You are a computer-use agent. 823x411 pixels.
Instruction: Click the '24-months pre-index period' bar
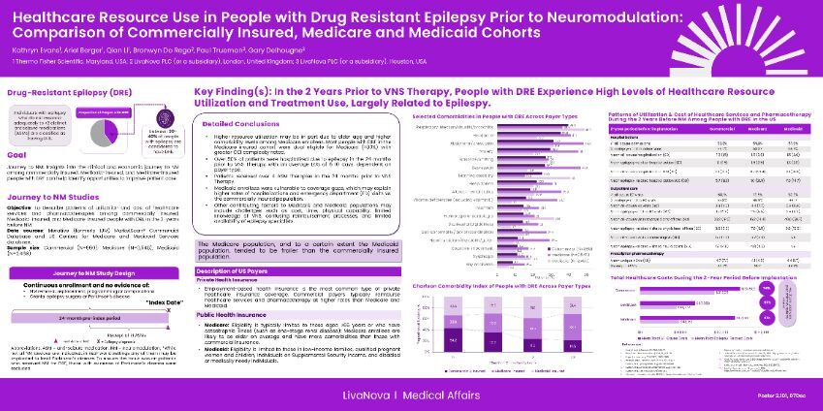[x=83, y=319]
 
